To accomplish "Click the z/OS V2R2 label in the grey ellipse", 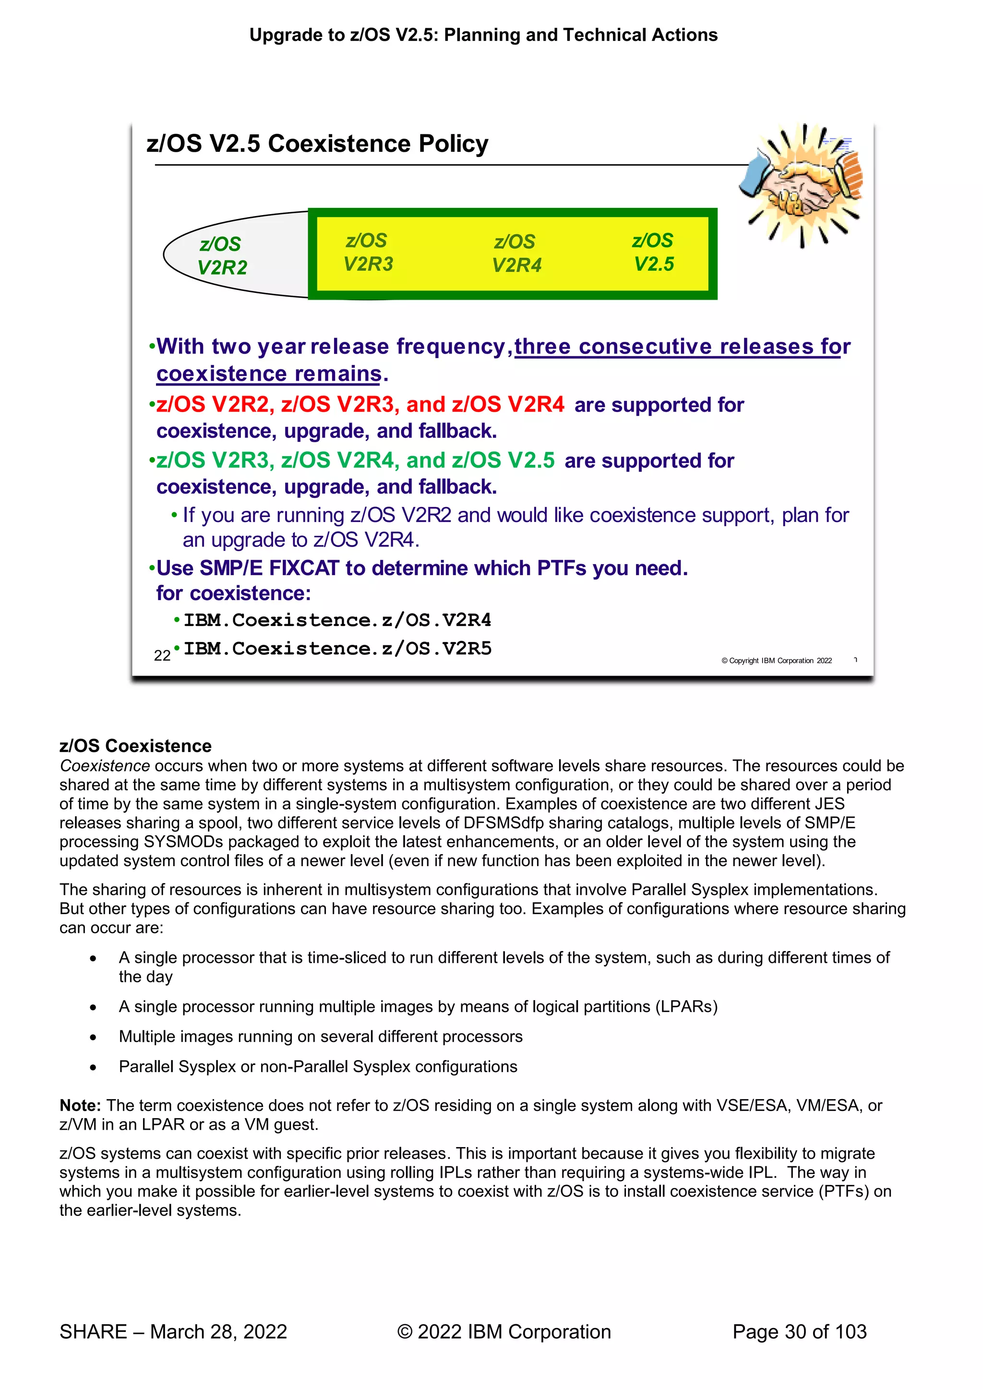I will [x=222, y=255].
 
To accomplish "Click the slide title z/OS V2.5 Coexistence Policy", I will [x=317, y=144].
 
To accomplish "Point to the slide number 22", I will [x=162, y=656].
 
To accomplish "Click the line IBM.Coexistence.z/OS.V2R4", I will [x=337, y=620].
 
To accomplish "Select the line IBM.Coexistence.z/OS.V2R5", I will [x=337, y=648].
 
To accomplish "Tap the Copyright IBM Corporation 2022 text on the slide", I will [x=776, y=661].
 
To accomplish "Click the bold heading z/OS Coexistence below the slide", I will [x=135, y=746].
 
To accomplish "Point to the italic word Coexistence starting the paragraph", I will [x=105, y=766].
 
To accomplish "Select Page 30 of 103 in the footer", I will [x=799, y=1332].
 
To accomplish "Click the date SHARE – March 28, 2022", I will [x=173, y=1332].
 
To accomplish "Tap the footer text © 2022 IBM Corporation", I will [x=503, y=1332].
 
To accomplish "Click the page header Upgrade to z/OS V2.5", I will [x=483, y=35].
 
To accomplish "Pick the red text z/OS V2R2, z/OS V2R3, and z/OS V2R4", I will [x=360, y=404].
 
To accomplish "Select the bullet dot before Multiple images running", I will [x=93, y=1037].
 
